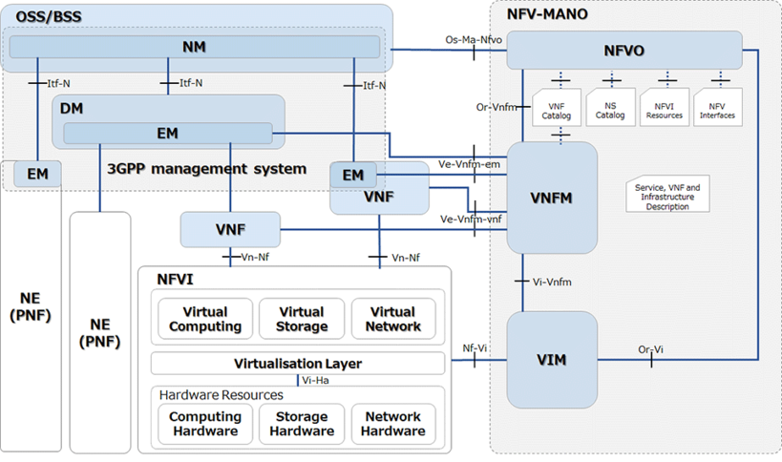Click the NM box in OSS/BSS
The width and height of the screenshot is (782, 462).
(195, 47)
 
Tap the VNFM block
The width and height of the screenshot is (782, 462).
(551, 198)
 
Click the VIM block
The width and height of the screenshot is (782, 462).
(551, 360)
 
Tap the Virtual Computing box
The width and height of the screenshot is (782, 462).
(205, 319)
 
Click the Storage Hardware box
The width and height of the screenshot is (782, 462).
(302, 424)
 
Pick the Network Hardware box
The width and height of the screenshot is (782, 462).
(392, 424)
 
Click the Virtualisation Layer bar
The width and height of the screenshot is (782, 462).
(298, 364)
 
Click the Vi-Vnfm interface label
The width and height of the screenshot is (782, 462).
(552, 281)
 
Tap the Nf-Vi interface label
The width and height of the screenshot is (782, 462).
(476, 348)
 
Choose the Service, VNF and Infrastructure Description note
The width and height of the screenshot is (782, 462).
(667, 194)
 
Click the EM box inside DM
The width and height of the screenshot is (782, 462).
(168, 135)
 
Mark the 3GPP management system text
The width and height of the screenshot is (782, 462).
(208, 169)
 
